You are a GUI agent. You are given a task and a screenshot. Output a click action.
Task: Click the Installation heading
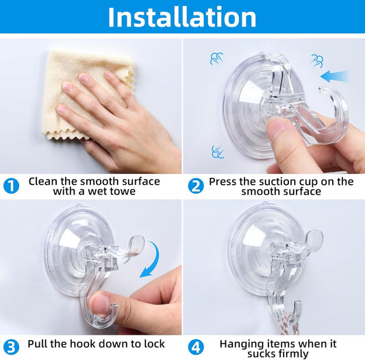(182, 17)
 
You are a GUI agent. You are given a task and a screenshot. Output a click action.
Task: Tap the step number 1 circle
(11, 186)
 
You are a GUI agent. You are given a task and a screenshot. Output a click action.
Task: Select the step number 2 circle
(196, 186)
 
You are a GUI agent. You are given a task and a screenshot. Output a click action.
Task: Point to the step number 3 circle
(11, 348)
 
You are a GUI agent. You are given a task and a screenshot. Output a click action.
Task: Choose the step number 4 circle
(196, 348)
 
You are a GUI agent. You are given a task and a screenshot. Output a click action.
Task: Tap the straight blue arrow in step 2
(334, 76)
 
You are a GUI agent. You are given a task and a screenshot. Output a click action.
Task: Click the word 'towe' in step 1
(123, 192)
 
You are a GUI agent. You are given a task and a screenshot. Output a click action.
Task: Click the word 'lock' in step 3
(153, 344)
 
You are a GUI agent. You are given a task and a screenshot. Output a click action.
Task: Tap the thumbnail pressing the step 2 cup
(277, 127)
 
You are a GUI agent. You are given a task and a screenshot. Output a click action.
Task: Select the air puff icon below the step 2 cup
(218, 152)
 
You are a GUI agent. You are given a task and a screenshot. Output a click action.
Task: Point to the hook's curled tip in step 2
(323, 90)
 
